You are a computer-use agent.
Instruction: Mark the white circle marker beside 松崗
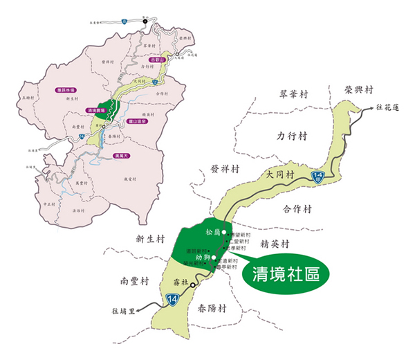(x=224, y=233)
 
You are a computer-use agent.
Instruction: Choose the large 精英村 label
(x=274, y=244)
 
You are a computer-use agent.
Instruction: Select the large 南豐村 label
(x=134, y=282)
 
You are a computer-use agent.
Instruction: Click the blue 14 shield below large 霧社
(x=172, y=299)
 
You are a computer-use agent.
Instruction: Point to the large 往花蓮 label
(x=393, y=107)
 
